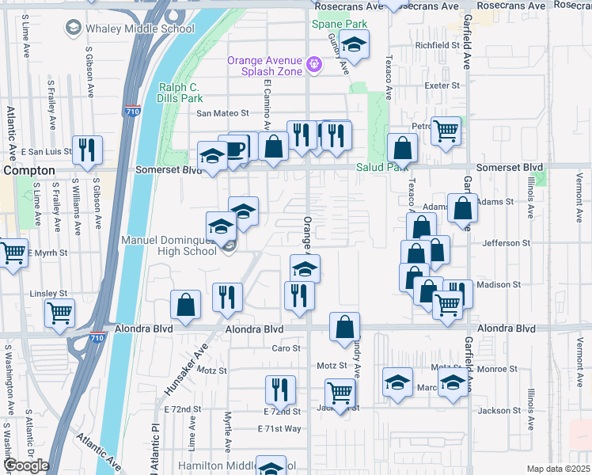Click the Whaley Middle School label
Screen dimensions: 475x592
139,29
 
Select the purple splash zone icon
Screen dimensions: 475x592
314,63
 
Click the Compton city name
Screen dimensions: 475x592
28,170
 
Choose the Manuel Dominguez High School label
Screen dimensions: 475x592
168,245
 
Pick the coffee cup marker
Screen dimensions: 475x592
235,148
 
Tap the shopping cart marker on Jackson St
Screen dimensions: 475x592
340,393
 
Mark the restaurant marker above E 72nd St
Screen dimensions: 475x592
279,389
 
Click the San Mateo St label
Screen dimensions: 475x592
222,113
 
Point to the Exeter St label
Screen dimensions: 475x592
442,85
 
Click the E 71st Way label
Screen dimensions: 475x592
279,428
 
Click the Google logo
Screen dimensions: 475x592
26,465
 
